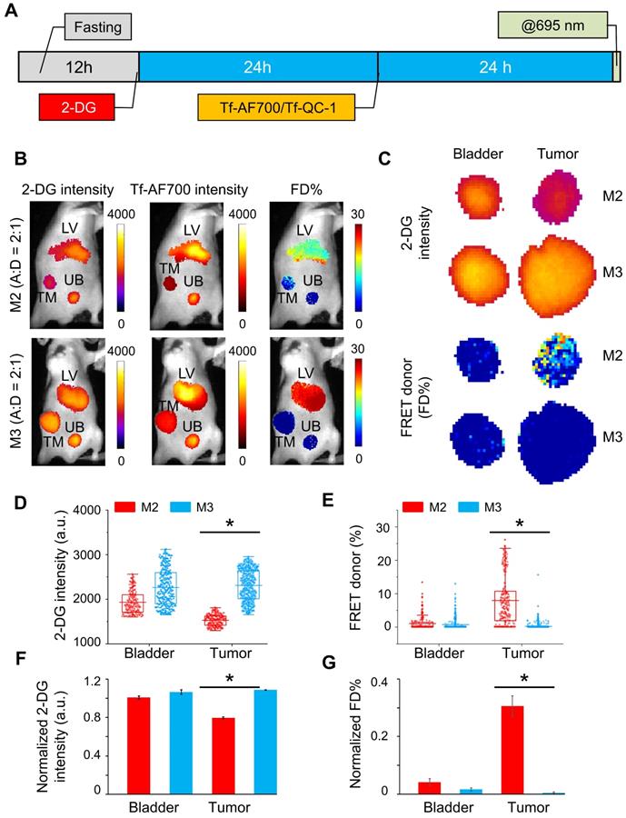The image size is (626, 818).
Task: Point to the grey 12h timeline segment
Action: pos(78,68)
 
